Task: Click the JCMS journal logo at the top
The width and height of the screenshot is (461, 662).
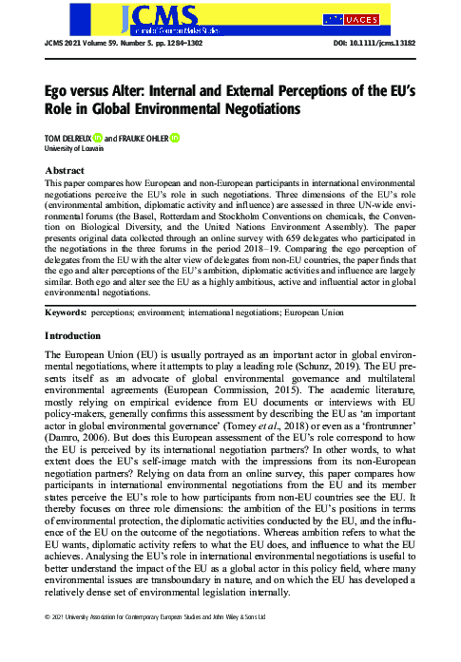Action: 152,17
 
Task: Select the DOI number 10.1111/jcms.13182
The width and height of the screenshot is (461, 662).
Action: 387,43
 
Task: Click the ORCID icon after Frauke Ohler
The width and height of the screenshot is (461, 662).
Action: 176,138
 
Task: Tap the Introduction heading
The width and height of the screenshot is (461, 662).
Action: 75,310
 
